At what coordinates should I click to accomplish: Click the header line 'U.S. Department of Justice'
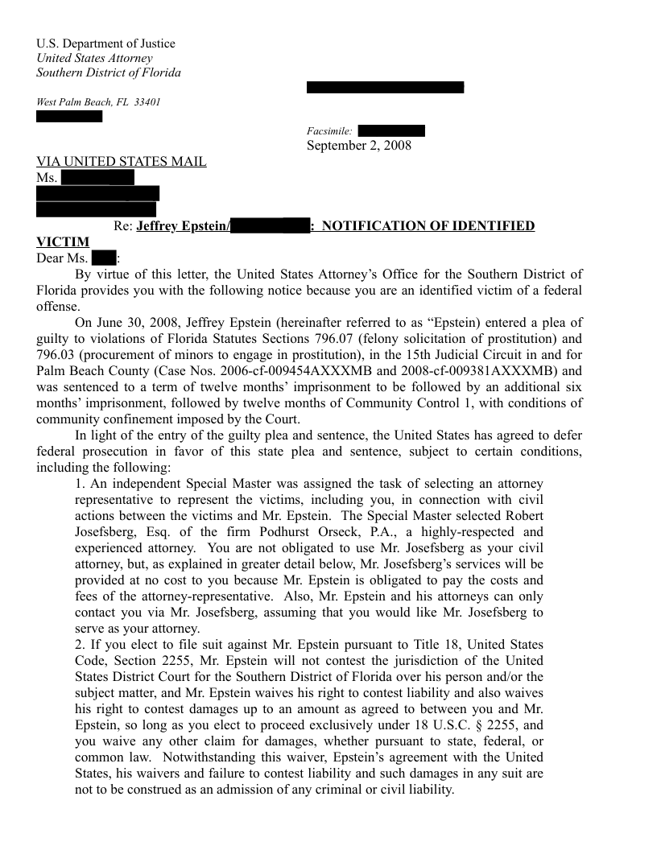pyautogui.click(x=105, y=43)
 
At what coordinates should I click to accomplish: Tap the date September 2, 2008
pyautogui.click(x=358, y=146)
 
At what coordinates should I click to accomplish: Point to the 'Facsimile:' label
pyautogui.click(x=328, y=131)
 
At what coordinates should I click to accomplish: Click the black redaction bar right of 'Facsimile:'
pyautogui.click(x=390, y=131)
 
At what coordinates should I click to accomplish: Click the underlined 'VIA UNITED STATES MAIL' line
pyautogui.click(x=122, y=162)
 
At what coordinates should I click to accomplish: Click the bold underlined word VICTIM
pyautogui.click(x=63, y=241)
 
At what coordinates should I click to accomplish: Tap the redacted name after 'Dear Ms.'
pyautogui.click(x=104, y=258)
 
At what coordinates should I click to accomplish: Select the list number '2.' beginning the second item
pyautogui.click(x=80, y=645)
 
